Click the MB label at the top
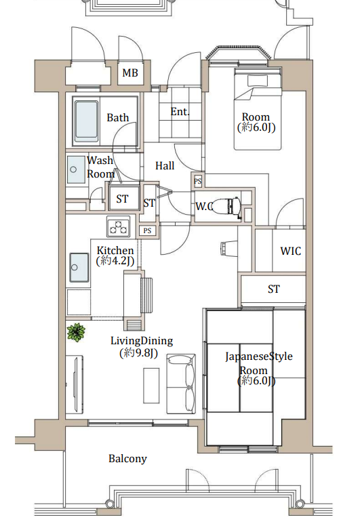pyautogui.click(x=130, y=73)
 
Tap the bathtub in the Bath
pyautogui.click(x=87, y=121)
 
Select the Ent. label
pyautogui.click(x=180, y=112)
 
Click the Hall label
pyautogui.click(x=165, y=165)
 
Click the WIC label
pyautogui.click(x=290, y=251)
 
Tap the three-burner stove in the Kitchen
pyautogui.click(x=119, y=226)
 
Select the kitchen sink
pyautogui.click(x=79, y=267)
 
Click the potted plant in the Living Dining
pyautogui.click(x=76, y=332)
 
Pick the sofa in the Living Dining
pyautogui.click(x=181, y=384)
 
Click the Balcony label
pyautogui.click(x=127, y=459)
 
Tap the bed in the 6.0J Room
pyautogui.click(x=258, y=109)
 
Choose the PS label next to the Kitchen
pyautogui.click(x=147, y=230)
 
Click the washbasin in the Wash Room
pyautogui.click(x=76, y=169)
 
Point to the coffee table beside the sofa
pyautogui.click(x=151, y=386)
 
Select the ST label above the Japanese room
pyautogui.click(x=274, y=289)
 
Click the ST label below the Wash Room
pyautogui.click(x=122, y=199)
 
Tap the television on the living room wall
pyautogui.click(x=75, y=384)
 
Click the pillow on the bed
pyautogui.click(x=258, y=81)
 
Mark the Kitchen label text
pyautogui.click(x=115, y=251)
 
